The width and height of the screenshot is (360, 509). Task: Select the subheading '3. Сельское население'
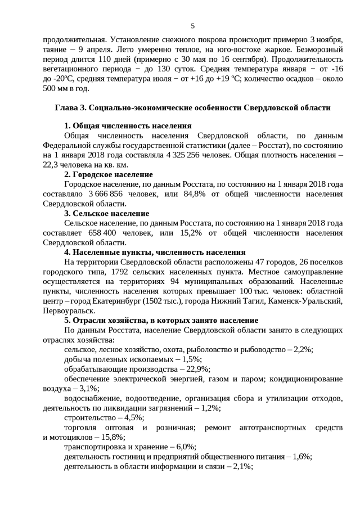click(106, 213)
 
